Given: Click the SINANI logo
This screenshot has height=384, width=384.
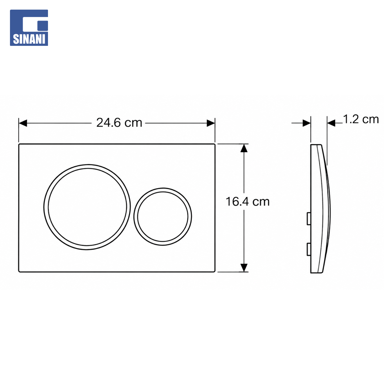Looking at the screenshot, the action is (x=29, y=28).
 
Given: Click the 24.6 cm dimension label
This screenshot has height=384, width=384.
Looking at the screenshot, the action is (x=119, y=123).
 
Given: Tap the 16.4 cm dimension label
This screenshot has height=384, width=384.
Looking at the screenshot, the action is (x=247, y=202).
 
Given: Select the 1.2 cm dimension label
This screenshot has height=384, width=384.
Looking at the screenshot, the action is (x=361, y=119).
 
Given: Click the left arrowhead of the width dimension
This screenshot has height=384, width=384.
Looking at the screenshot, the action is (x=23, y=123).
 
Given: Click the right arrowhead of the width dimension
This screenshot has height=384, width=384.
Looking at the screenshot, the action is (x=211, y=123).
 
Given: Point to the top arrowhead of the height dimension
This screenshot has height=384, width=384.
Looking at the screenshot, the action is (x=244, y=148).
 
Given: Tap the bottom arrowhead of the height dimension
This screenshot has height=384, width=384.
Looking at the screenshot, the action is (x=244, y=268).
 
